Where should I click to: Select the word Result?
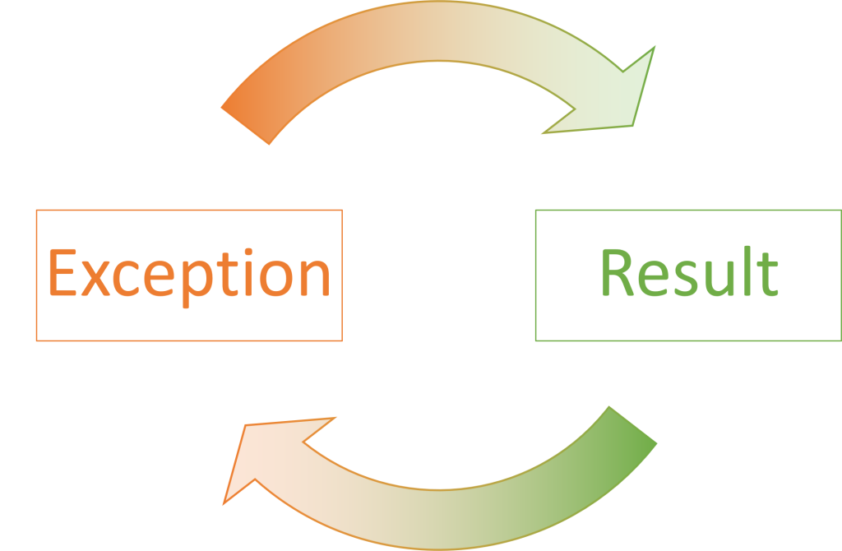[x=690, y=271]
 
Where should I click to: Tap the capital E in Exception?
[x=62, y=272]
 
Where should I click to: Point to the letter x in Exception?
[x=95, y=278]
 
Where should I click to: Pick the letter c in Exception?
[x=126, y=278]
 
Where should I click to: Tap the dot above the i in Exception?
[x=248, y=252]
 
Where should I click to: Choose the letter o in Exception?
[x=276, y=278]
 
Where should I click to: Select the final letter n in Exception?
[x=315, y=278]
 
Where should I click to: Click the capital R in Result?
[x=618, y=272]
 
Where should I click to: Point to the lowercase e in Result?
[x=654, y=278]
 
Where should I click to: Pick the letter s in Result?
[x=687, y=278]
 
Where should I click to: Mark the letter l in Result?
[x=747, y=271]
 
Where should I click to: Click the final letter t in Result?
[x=767, y=274]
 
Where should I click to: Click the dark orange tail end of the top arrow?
[x=245, y=126]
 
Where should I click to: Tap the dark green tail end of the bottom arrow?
[x=633, y=425]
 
